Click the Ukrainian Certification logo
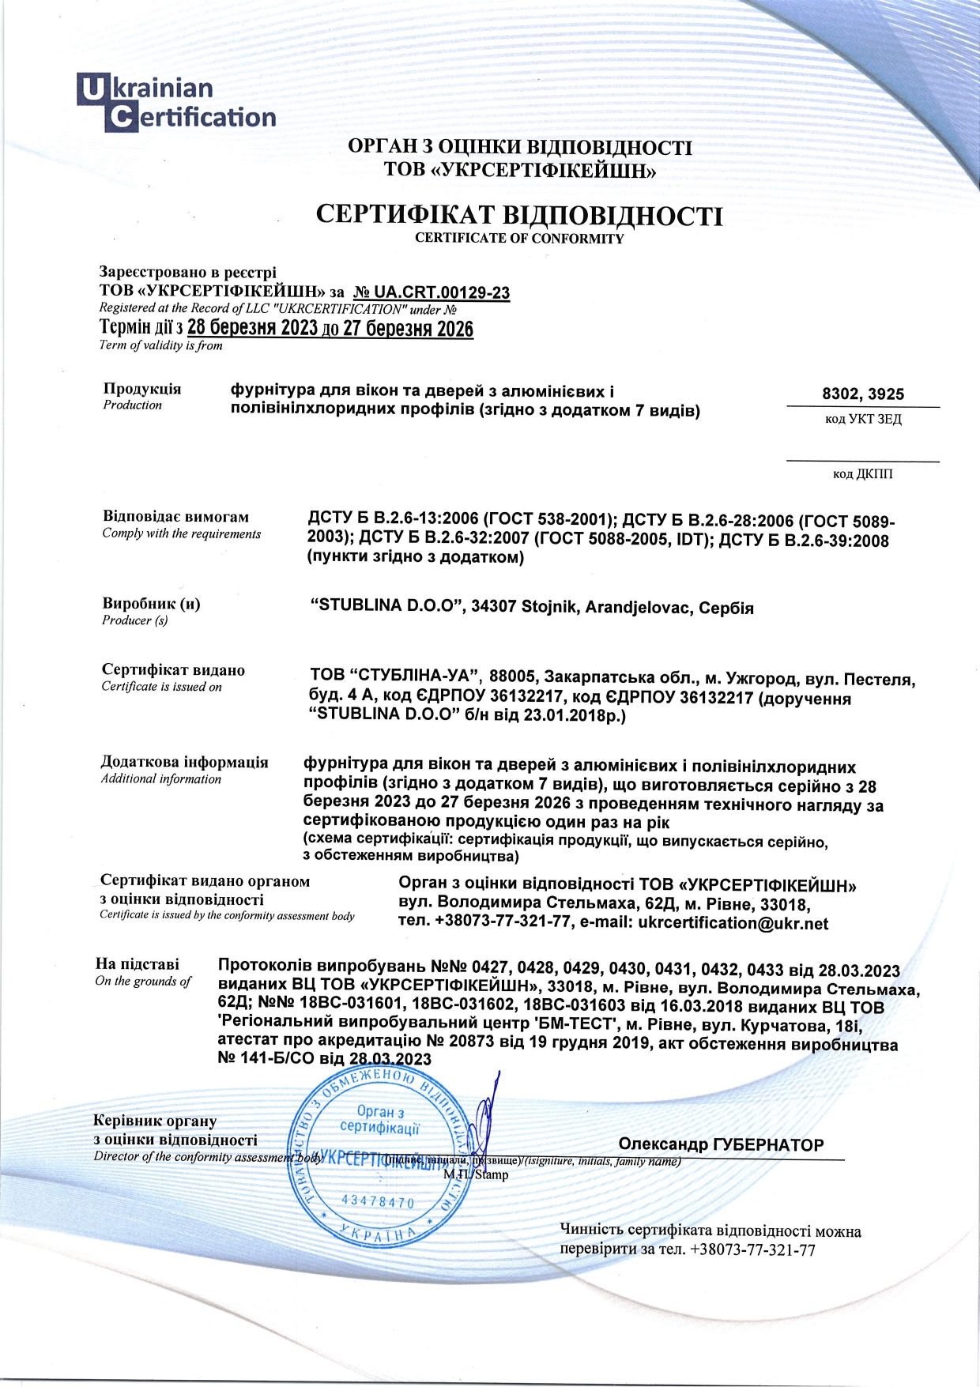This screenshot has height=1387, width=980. point(177,103)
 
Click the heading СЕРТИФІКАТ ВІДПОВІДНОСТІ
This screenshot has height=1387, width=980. point(519,215)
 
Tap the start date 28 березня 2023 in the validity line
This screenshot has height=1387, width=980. point(252,328)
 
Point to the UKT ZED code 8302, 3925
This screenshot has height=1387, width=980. point(863,394)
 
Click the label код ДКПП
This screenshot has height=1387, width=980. point(863,473)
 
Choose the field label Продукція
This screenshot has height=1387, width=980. point(142,388)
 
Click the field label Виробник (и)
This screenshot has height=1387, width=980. point(151,604)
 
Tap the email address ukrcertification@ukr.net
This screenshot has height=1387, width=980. point(733,922)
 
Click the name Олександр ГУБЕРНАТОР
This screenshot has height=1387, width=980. point(721,1144)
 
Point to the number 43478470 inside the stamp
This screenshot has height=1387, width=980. point(378,1201)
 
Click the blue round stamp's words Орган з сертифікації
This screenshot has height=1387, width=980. point(380,1119)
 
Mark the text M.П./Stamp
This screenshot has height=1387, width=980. point(476,1174)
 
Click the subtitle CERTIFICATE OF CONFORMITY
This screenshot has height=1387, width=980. point(519,238)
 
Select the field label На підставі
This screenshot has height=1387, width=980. point(138,963)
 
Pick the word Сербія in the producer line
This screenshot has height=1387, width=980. point(726,608)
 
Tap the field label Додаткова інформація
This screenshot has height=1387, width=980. point(184,762)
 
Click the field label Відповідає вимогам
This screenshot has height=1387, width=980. point(175,516)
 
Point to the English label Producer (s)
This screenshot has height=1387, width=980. point(135,620)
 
